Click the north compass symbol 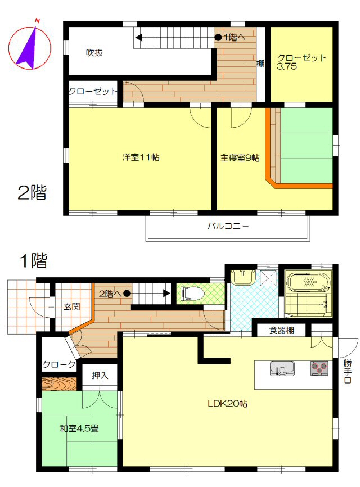29,47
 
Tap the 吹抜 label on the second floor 94,53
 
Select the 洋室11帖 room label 141,157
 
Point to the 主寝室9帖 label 240,158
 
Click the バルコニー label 228,226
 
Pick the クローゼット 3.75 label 301,62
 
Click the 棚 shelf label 260,64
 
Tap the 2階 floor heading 32,192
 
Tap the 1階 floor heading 34,260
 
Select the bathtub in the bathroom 308,282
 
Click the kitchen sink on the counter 282,368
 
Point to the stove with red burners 319,368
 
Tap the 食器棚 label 281,330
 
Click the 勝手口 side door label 348,372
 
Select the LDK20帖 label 227,404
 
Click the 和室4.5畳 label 79,429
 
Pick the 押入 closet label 100,376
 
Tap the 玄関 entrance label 72,307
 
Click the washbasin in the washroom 243,277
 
